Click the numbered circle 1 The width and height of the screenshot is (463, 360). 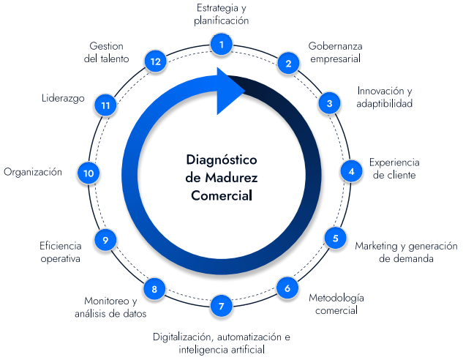point(221,45)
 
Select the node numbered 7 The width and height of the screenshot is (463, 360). point(221,306)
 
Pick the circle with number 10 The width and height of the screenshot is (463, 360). point(89,173)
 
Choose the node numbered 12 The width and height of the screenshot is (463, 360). point(154,61)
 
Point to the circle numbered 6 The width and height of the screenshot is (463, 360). point(287,288)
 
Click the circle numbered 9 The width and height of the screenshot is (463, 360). point(106,239)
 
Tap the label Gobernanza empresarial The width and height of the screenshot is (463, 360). point(335,52)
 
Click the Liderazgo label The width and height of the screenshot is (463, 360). point(64,97)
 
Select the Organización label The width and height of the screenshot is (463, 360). point(33,172)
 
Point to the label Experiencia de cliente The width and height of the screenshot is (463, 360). point(394,168)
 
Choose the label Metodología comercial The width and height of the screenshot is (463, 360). point(336,304)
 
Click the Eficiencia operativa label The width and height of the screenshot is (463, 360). point(60,252)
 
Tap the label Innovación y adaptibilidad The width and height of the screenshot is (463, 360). point(385,97)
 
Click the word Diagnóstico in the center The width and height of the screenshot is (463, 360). point(222,160)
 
